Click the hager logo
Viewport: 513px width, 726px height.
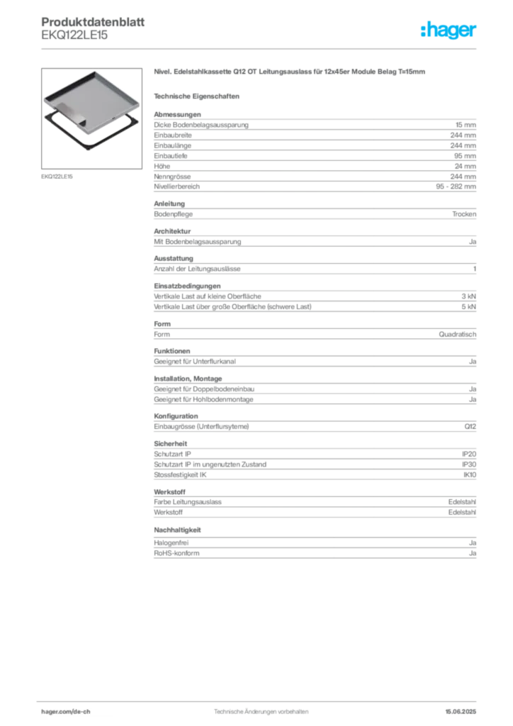pos(449,30)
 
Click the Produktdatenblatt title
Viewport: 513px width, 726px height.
pos(93,22)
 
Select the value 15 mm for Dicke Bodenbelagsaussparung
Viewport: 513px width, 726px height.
pos(466,125)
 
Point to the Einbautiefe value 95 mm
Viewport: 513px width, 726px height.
pos(465,156)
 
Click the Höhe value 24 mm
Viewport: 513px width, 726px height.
pos(465,166)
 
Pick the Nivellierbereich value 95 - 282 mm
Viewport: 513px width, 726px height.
pos(456,186)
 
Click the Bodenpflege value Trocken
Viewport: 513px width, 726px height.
pos(464,214)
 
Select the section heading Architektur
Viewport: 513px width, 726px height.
pos(172,231)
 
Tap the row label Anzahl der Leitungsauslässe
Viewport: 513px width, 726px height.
pos(197,269)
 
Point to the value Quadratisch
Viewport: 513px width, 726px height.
pos(458,335)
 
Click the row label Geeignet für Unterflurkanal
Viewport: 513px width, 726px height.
pos(195,362)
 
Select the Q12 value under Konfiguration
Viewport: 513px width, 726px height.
pos(470,426)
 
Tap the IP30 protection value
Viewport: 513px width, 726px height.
pos(469,464)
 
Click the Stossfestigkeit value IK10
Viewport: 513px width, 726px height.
pos(470,474)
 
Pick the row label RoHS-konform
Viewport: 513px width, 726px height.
pos(176,553)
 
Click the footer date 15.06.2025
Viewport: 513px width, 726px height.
pos(461,712)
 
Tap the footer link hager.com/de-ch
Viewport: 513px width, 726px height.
pos(66,712)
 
